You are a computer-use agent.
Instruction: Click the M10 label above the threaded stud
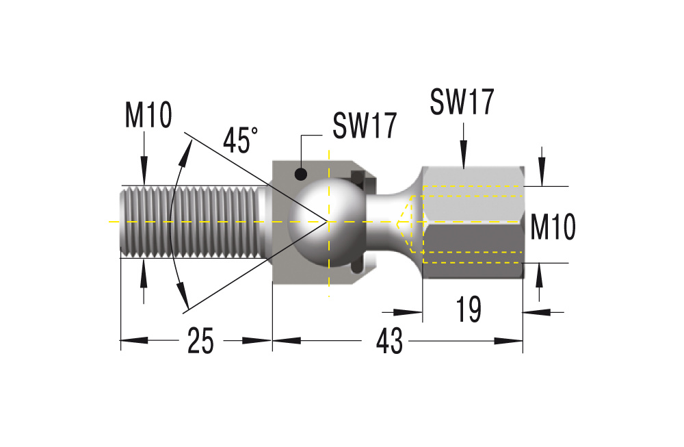point(148,115)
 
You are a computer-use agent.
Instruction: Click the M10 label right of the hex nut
point(553,227)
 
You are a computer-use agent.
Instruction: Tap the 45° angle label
point(240,140)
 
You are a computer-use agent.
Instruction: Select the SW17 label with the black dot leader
point(365,125)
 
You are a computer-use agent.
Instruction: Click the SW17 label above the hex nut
point(462,102)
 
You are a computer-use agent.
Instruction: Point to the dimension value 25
point(200,340)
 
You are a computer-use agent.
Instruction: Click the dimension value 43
point(390,341)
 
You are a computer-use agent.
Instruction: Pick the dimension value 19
point(469,309)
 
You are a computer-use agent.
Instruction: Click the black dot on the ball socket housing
point(300,174)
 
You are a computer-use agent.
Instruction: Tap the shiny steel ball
point(327,222)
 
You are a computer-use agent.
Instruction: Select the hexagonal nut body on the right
point(473,222)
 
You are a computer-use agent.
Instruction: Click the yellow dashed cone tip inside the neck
point(397,224)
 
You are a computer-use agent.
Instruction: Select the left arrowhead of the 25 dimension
point(134,340)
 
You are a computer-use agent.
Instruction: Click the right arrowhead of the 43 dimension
point(509,340)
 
